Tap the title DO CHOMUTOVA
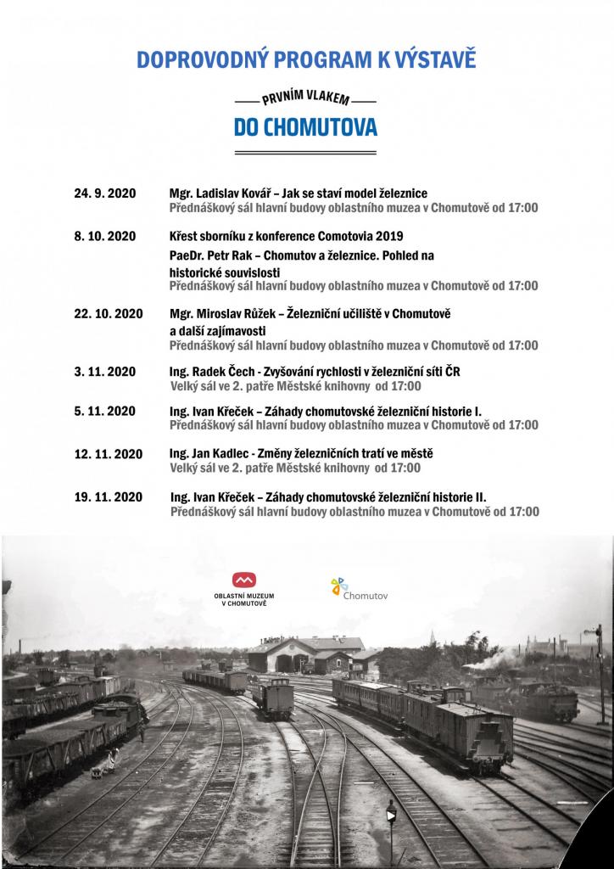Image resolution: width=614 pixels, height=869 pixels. pyautogui.click(x=306, y=126)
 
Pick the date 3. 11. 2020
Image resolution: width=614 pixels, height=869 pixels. pyautogui.click(x=105, y=372)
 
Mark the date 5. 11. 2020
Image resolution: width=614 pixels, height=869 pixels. pyautogui.click(x=105, y=411)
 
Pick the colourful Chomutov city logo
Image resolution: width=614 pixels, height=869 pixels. pyautogui.click(x=339, y=586)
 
